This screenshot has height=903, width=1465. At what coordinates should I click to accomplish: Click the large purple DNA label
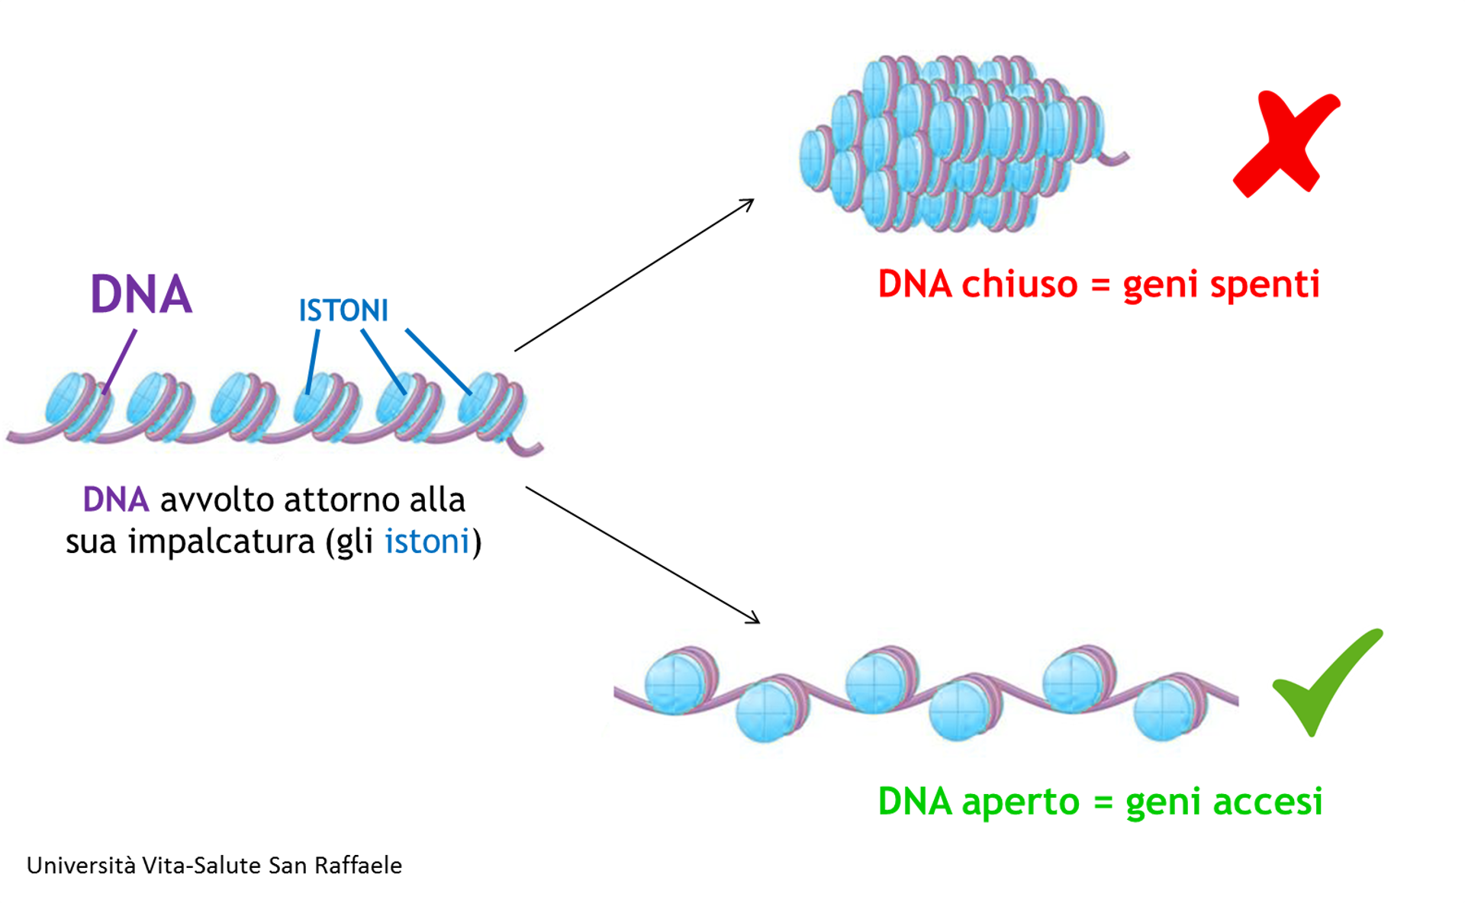(x=141, y=294)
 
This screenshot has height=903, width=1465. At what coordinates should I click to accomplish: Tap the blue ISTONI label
(x=343, y=311)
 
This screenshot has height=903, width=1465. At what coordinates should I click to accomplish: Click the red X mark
(x=1286, y=144)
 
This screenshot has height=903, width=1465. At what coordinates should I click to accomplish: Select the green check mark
(x=1327, y=682)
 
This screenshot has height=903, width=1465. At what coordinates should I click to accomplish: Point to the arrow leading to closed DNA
(x=634, y=275)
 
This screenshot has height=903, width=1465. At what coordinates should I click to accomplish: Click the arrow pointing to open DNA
(x=642, y=555)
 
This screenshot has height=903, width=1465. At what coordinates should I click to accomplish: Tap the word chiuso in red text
(x=1019, y=284)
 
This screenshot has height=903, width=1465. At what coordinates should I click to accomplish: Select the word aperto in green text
(x=1021, y=803)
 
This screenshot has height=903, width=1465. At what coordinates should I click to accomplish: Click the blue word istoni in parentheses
(x=427, y=541)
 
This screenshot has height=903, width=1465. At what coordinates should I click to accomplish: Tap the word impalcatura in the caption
(x=221, y=543)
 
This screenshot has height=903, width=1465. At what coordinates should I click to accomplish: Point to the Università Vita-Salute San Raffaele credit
(x=214, y=866)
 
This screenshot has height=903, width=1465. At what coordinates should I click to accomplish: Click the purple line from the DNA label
(x=120, y=362)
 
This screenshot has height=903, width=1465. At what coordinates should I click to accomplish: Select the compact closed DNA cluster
(x=963, y=143)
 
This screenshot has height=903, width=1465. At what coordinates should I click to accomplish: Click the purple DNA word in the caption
(x=116, y=500)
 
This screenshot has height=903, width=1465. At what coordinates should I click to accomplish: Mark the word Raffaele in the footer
(x=359, y=866)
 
